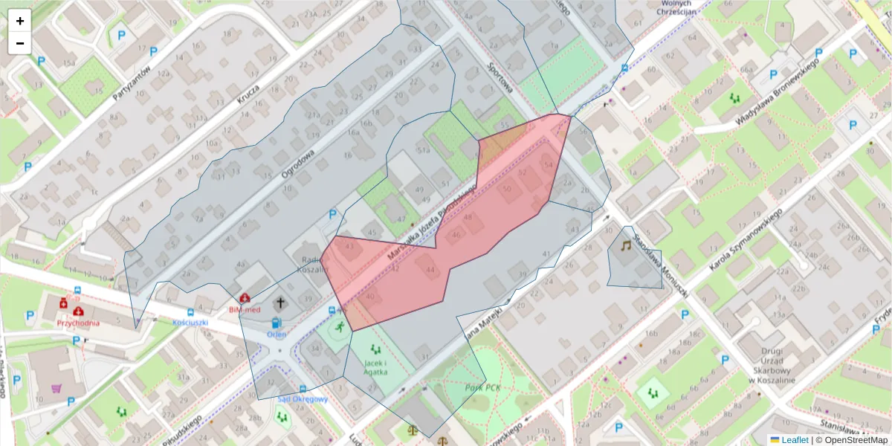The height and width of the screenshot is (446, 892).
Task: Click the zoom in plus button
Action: pyautogui.click(x=20, y=21)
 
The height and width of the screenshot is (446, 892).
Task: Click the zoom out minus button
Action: pyautogui.click(x=20, y=43)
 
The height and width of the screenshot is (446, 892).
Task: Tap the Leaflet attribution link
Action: pyautogui.click(x=794, y=440)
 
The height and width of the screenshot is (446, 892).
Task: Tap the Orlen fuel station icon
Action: pyautogui.click(x=277, y=323)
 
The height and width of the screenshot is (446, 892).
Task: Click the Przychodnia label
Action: pyautogui.click(x=79, y=324)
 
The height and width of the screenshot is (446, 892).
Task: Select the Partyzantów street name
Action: pyautogui.click(x=132, y=83)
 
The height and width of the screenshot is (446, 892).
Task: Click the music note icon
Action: pyautogui.click(x=625, y=245)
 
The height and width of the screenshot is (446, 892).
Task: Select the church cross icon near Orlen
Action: pyautogui.click(x=281, y=303)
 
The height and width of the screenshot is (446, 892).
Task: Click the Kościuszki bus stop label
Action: pyautogui.click(x=189, y=323)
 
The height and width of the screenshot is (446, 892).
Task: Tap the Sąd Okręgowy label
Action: pyautogui.click(x=303, y=399)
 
